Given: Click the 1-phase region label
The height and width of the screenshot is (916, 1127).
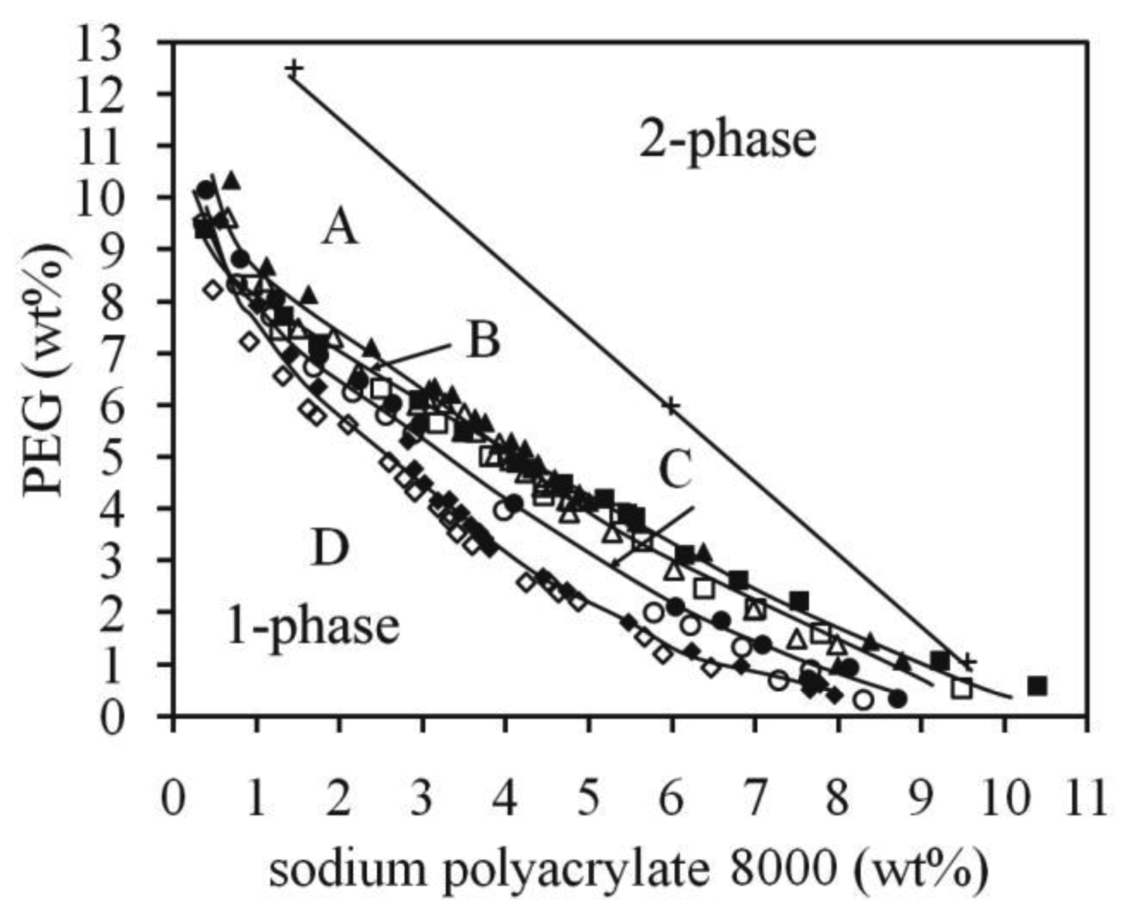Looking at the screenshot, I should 313,626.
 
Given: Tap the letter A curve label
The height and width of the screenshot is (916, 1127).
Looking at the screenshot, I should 340,229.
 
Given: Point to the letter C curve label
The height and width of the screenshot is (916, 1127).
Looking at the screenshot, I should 675,471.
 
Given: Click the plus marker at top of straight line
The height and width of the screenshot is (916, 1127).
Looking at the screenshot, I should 294,69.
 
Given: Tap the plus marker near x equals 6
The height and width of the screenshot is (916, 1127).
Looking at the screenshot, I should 671,406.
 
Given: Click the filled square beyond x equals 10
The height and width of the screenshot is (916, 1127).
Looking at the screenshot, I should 1038,686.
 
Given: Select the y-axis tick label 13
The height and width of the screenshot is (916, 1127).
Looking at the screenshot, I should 123,43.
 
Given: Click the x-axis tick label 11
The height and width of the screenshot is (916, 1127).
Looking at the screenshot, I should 1086,801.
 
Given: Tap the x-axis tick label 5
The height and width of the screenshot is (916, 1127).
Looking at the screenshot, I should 588,801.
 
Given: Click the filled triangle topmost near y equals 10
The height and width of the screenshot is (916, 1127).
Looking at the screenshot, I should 232,180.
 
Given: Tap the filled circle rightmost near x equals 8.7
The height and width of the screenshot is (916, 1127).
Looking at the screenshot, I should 897,699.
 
